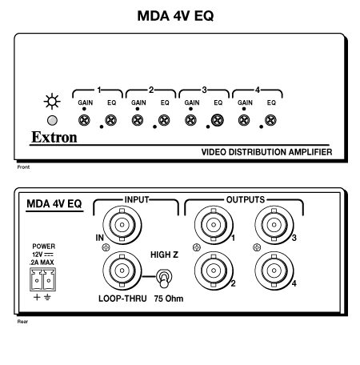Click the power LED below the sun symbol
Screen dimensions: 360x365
pos(52,120)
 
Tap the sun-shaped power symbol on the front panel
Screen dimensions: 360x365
pos(52,102)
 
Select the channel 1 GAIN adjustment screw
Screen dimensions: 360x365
pos(84,120)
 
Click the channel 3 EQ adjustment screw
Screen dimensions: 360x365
pos(218,120)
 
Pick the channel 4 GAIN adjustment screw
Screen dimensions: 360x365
pos(244,120)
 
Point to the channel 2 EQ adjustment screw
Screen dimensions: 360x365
pos(164,120)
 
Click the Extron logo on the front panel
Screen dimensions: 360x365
pos(54,137)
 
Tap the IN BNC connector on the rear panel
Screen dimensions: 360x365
pos(122,225)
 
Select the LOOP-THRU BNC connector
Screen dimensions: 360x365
pos(122,271)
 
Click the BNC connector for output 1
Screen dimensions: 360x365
pos(214,225)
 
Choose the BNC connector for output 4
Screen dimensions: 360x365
pos(274,271)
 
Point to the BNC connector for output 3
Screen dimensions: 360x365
pos(274,225)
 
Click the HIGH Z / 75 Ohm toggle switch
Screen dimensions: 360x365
pos(164,279)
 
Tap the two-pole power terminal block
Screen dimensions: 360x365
pos(42,279)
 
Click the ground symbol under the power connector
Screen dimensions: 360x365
pos(47,297)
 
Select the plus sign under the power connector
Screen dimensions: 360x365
pos(37,297)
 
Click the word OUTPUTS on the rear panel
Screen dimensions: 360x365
pos(246,199)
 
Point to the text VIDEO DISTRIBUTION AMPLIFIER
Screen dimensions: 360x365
pos(266,152)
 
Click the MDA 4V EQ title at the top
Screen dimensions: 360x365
pos(175,16)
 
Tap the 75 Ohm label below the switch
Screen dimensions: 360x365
pos(169,299)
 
